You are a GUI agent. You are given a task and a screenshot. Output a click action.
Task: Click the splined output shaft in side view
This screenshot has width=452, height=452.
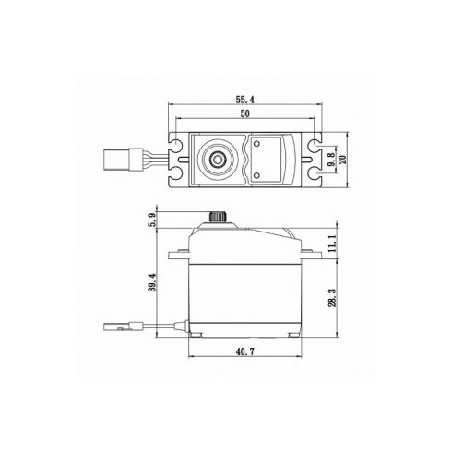(220, 216)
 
